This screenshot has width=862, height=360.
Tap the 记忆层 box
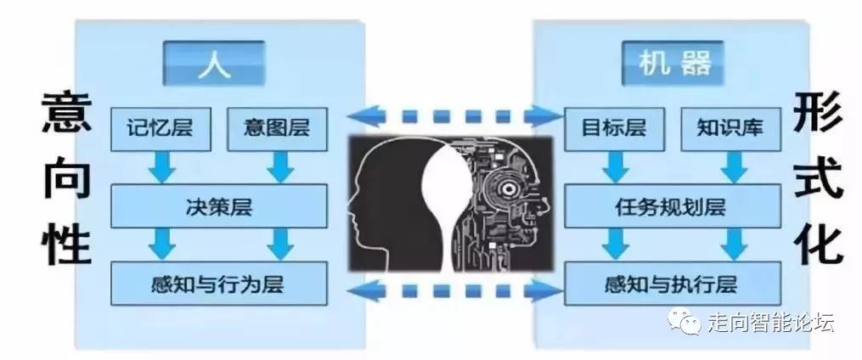point(161,129)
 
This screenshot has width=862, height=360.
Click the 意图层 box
point(276,129)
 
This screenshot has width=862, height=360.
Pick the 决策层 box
point(219,206)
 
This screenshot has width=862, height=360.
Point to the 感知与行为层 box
point(219,283)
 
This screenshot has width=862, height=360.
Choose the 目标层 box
point(613,129)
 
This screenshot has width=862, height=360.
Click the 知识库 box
point(730,129)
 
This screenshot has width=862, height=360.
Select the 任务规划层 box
point(671,206)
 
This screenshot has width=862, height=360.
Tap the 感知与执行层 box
point(671,283)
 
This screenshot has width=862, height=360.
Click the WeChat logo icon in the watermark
point(685,323)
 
